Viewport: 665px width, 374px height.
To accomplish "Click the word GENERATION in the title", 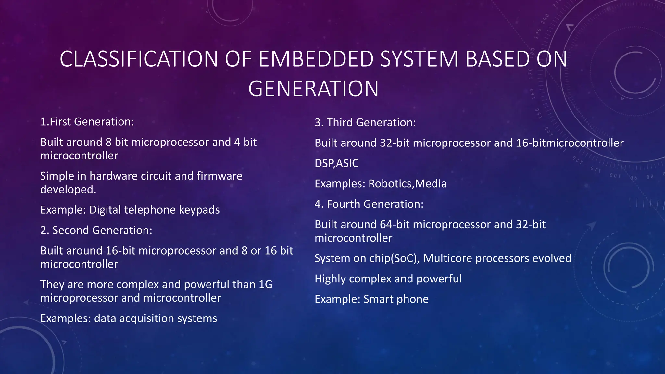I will [x=313, y=89].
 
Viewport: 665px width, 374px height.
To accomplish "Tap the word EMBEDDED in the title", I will [x=316, y=59].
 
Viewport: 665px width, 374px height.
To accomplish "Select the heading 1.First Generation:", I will [x=87, y=122].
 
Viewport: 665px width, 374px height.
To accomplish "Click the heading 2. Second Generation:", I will [x=96, y=230].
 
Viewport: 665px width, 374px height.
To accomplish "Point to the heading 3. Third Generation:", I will [x=365, y=122].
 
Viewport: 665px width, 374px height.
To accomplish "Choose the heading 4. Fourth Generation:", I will [x=369, y=204].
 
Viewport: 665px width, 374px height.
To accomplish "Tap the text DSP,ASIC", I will [x=336, y=163].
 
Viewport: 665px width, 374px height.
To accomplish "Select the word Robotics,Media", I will [x=408, y=184].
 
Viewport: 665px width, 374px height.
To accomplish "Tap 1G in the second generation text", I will [x=265, y=285].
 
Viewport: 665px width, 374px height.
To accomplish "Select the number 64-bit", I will [x=395, y=225].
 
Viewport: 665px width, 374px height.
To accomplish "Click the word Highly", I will [x=330, y=279].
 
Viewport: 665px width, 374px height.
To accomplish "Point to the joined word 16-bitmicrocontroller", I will [x=570, y=143].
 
